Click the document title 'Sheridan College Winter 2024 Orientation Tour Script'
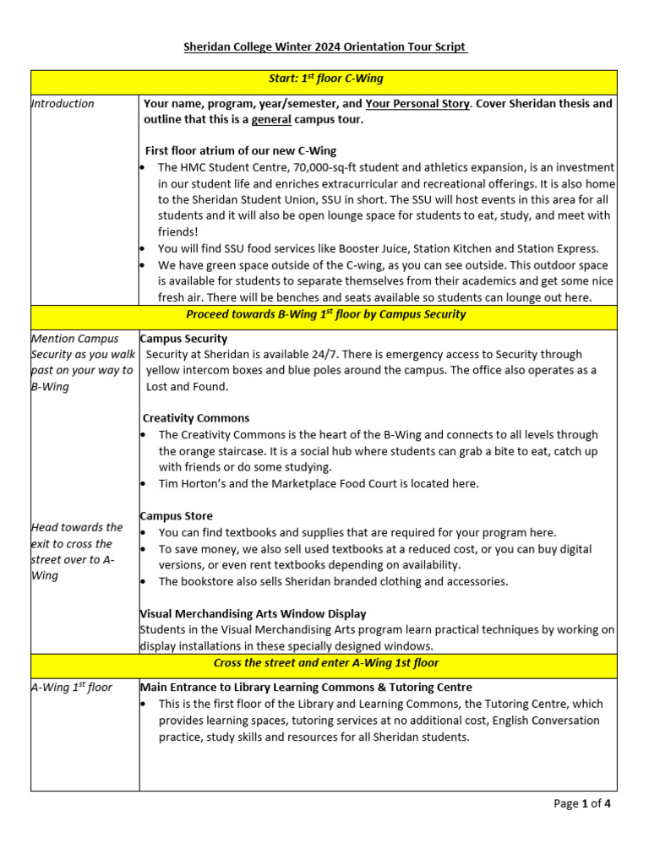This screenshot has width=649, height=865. pos(325,47)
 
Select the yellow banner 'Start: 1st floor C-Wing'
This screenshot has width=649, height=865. pos(325,79)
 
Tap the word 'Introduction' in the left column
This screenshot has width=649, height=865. pos(63,104)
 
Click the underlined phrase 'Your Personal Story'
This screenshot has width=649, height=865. pos(417,104)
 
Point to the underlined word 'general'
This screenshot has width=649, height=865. pos(271,120)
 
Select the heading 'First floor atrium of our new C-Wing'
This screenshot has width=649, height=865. pos(241,151)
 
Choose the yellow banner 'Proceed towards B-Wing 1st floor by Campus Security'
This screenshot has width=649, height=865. pos(325,315)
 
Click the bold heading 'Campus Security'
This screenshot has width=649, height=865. pos(183,339)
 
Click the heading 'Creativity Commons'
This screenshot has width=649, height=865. pos(196,418)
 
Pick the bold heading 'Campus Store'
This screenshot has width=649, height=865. pos(176,516)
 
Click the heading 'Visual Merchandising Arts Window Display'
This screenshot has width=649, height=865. pos(253,614)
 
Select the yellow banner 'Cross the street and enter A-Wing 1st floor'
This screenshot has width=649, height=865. pos(325,663)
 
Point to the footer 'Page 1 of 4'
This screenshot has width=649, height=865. pos(581,804)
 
